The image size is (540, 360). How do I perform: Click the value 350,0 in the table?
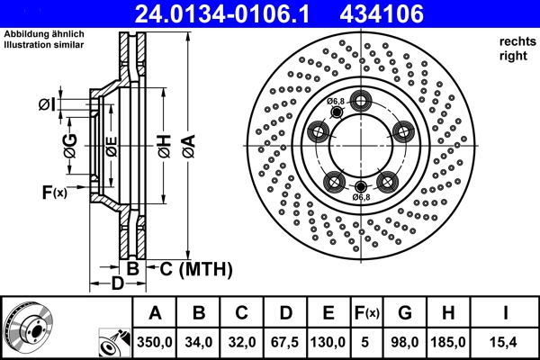coord(155,342)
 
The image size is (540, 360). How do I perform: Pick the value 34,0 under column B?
coord(200,342)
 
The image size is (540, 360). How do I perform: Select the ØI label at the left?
coord(47,106)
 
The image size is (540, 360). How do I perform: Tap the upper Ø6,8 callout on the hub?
coord(337,101)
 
